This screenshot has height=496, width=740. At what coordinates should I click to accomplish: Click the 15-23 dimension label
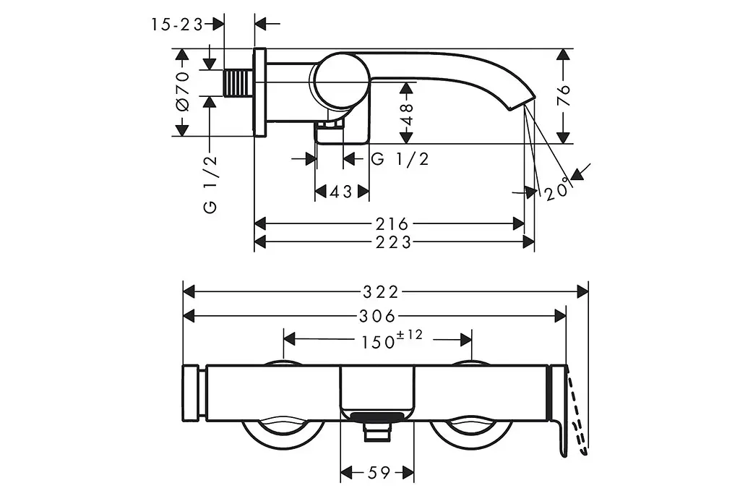tap(176, 25)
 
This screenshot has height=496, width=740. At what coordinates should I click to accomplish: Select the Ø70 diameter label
tap(183, 91)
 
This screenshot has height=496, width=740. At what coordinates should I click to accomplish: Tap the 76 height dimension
tap(564, 96)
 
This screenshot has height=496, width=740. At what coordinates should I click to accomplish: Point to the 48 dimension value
tap(406, 114)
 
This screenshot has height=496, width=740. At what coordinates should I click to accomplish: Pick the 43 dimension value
tap(341, 192)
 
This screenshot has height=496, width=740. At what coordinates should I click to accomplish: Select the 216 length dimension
tap(392, 223)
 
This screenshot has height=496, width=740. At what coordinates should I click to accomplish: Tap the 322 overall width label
tap(381, 292)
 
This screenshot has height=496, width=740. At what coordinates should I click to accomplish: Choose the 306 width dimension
tap(377, 316)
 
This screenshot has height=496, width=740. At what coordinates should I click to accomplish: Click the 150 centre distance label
tap(378, 342)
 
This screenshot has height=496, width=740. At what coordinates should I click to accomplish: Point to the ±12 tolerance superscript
tap(410, 335)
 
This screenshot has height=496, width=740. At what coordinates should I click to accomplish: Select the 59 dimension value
tap(379, 472)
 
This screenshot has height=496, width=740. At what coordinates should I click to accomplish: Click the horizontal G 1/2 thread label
tap(400, 159)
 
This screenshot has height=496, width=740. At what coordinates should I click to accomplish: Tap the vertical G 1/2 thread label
tap(210, 184)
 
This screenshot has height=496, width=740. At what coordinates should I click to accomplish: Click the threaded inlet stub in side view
tap(238, 83)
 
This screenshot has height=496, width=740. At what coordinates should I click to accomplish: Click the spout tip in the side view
tap(522, 104)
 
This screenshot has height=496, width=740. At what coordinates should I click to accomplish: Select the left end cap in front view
tap(191, 393)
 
